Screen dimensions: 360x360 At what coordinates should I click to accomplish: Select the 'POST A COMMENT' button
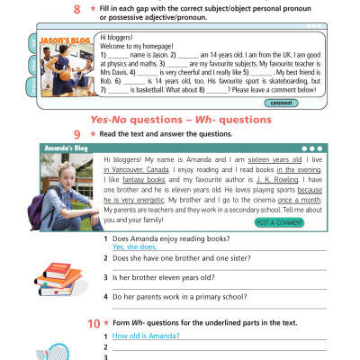(x=279, y=221)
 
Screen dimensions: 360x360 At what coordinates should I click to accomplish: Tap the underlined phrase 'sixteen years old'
(x=248, y=159)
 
